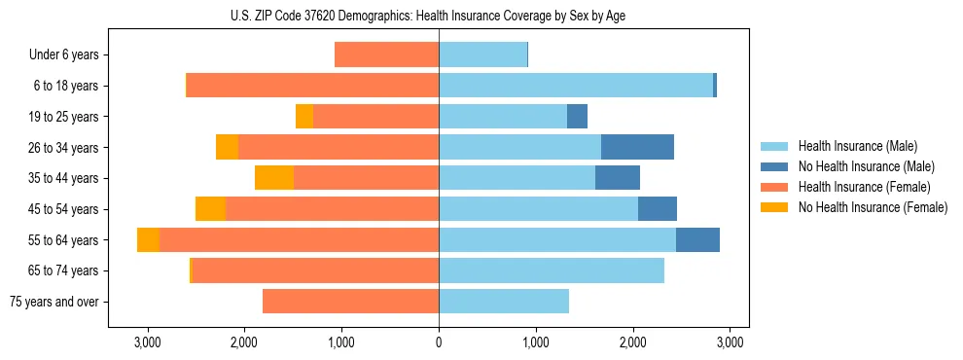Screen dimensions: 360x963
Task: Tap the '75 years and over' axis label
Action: (53, 302)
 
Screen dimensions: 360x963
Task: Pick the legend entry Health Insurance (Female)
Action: (858, 187)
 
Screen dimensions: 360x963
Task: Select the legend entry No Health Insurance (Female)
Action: (866, 207)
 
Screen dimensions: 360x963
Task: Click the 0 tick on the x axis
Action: (439, 343)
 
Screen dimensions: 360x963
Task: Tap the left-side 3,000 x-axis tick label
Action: (147, 343)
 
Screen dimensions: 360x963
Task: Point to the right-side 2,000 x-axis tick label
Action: (633, 343)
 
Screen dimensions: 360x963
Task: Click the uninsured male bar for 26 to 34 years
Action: (637, 147)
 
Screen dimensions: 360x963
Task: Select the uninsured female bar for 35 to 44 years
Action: (274, 178)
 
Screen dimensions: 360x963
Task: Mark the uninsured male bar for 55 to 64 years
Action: (697, 239)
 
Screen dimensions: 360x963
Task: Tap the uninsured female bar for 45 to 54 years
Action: (210, 209)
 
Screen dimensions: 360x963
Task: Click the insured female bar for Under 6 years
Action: (386, 54)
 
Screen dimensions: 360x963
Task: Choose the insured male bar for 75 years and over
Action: (504, 302)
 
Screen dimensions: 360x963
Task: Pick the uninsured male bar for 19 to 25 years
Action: (577, 117)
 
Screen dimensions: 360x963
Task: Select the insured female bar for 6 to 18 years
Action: (312, 86)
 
